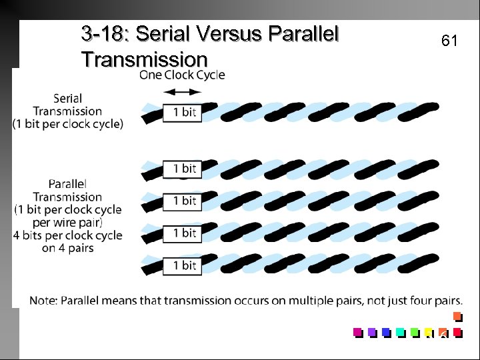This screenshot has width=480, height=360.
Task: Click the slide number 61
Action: click(x=449, y=41)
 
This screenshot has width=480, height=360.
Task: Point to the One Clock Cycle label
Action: click(x=182, y=75)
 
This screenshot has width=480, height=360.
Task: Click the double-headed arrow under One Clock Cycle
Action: click(x=182, y=91)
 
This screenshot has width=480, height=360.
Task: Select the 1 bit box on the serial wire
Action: click(x=180, y=112)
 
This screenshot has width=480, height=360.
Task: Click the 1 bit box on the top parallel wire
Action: click(x=180, y=169)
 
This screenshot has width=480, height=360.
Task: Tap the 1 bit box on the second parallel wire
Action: click(x=180, y=201)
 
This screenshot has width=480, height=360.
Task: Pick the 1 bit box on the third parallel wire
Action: click(x=180, y=233)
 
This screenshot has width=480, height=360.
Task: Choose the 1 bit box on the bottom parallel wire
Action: click(x=180, y=265)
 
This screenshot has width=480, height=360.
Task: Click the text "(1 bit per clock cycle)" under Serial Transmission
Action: click(x=67, y=124)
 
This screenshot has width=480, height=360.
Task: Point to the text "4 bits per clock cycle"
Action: click(x=67, y=235)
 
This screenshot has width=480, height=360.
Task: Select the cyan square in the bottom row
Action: click(x=401, y=331)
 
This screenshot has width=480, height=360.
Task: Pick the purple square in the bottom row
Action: click(x=372, y=331)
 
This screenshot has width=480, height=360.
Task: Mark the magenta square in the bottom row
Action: click(x=358, y=331)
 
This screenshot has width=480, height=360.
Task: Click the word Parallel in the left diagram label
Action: click(x=67, y=183)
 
